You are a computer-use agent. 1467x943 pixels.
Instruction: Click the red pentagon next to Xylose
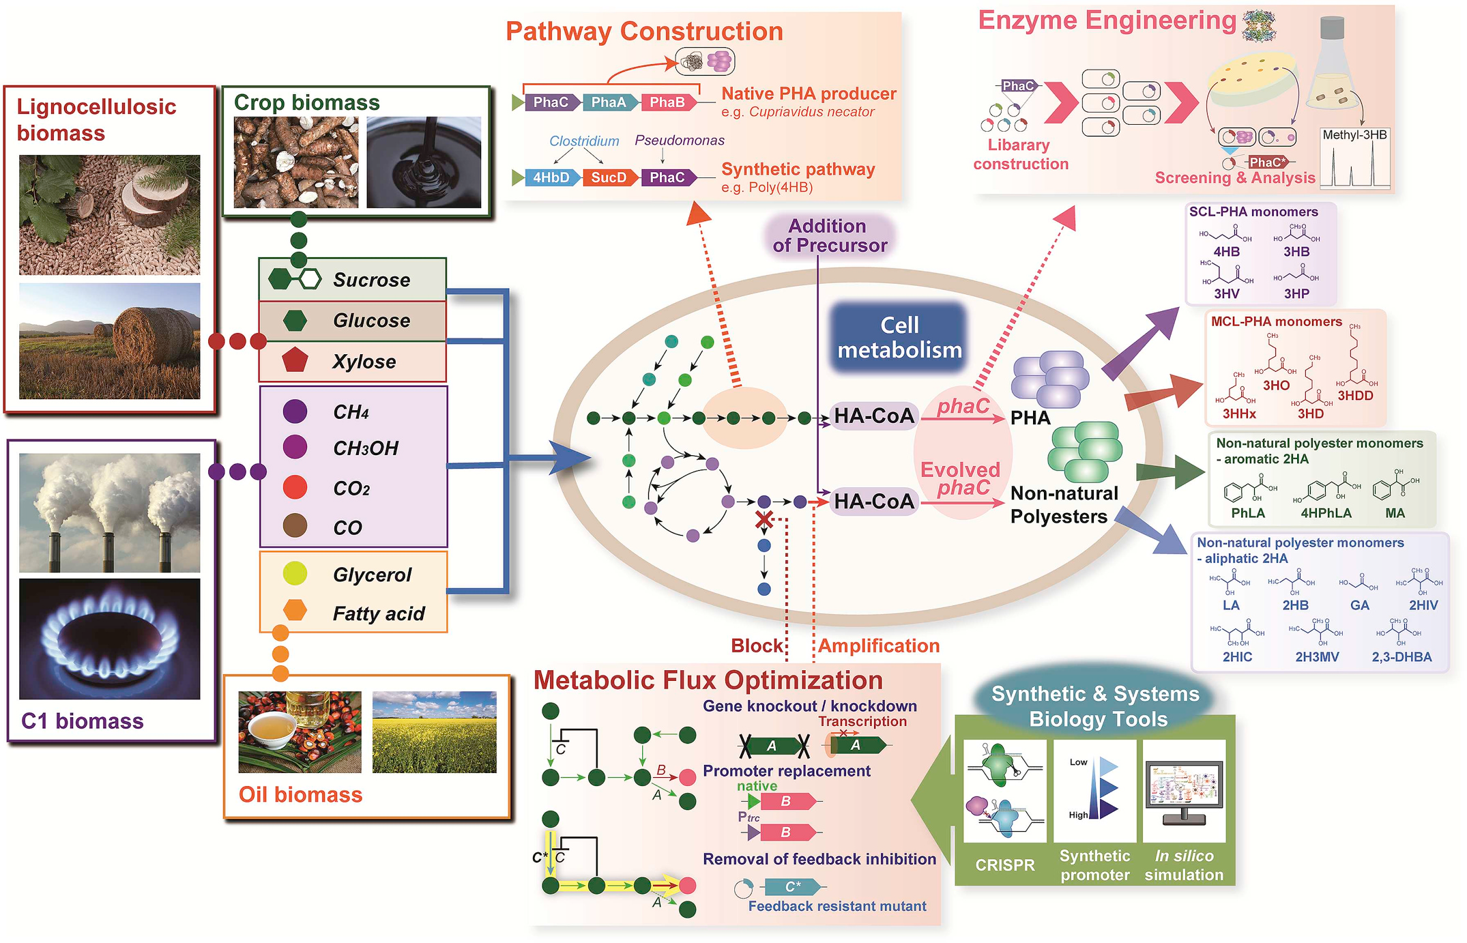295,360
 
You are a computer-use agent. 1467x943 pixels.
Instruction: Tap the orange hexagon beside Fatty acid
295,610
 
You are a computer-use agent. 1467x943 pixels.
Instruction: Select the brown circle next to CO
295,526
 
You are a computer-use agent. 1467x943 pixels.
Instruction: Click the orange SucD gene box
609,177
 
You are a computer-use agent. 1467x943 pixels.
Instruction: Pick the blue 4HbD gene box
551,177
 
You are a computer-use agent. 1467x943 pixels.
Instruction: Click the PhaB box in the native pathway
667,102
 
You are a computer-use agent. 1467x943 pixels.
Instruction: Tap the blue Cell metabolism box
899,338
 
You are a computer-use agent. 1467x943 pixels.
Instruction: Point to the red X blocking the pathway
764,520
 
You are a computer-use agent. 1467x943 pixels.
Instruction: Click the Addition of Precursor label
828,235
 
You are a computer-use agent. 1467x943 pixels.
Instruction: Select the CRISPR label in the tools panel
1004,865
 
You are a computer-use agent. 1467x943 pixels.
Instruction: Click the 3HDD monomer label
1354,396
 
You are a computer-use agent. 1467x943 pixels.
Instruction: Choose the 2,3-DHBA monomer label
1401,657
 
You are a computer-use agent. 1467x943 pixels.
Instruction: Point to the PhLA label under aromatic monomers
1247,513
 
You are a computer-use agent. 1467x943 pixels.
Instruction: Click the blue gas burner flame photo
110,639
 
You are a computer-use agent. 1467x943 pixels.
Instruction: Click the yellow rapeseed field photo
434,732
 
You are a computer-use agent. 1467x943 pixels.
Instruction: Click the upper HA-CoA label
873,416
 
